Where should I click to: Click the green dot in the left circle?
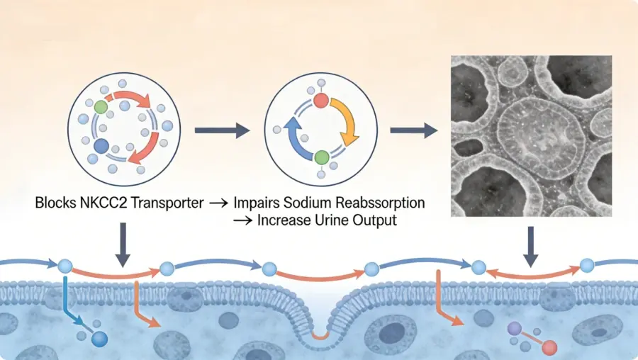(x=101, y=108)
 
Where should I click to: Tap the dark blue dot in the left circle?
(x=101, y=147)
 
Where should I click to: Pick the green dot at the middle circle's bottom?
(x=321, y=157)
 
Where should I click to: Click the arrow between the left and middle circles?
(x=221, y=130)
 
